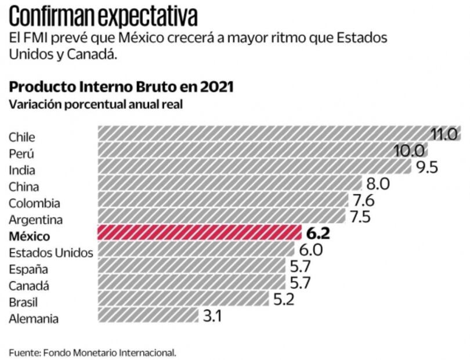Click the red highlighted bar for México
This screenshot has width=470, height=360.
(199, 233)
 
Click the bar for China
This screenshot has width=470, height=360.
(230, 183)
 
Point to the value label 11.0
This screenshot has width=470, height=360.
(445, 134)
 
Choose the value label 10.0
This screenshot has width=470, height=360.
(410, 151)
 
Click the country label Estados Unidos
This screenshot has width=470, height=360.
(50, 253)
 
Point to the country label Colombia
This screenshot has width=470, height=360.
(34, 203)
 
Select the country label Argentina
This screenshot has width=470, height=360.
(35, 219)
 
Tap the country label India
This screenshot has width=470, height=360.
(21, 170)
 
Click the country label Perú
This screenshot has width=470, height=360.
(21, 154)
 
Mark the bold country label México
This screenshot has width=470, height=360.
(30, 236)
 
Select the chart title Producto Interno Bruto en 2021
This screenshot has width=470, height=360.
(121, 87)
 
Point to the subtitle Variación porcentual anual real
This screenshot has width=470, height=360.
(95, 105)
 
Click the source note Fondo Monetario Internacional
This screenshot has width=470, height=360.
(92, 352)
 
